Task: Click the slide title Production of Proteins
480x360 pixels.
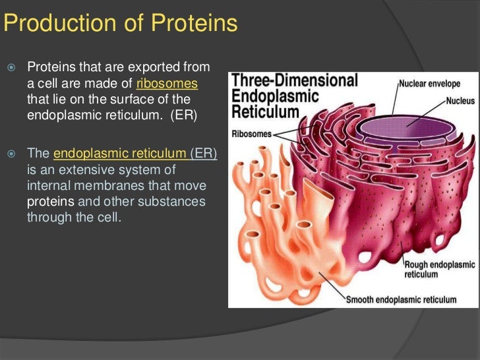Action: pos(119,24)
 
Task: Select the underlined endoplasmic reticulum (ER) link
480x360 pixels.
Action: pos(135,153)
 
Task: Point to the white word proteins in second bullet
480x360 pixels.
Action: pos(47,200)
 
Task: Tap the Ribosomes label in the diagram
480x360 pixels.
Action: pos(251,134)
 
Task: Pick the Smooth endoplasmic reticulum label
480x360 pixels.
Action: pos(401,299)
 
